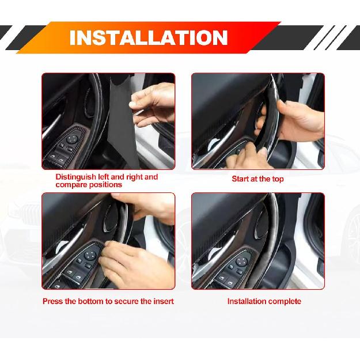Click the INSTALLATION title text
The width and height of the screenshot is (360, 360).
(148, 38)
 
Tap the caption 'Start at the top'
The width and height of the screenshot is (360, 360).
(257, 179)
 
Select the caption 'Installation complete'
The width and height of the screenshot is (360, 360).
(264, 301)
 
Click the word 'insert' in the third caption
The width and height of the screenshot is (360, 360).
(162, 301)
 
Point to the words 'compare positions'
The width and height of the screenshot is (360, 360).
(89, 185)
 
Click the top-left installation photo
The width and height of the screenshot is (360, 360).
(108, 121)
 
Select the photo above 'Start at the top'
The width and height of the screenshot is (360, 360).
(257, 121)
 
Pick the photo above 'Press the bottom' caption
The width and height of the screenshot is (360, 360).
(108, 241)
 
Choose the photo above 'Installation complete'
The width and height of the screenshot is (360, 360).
(257, 241)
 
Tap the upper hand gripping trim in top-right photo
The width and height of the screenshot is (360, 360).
(300, 118)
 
